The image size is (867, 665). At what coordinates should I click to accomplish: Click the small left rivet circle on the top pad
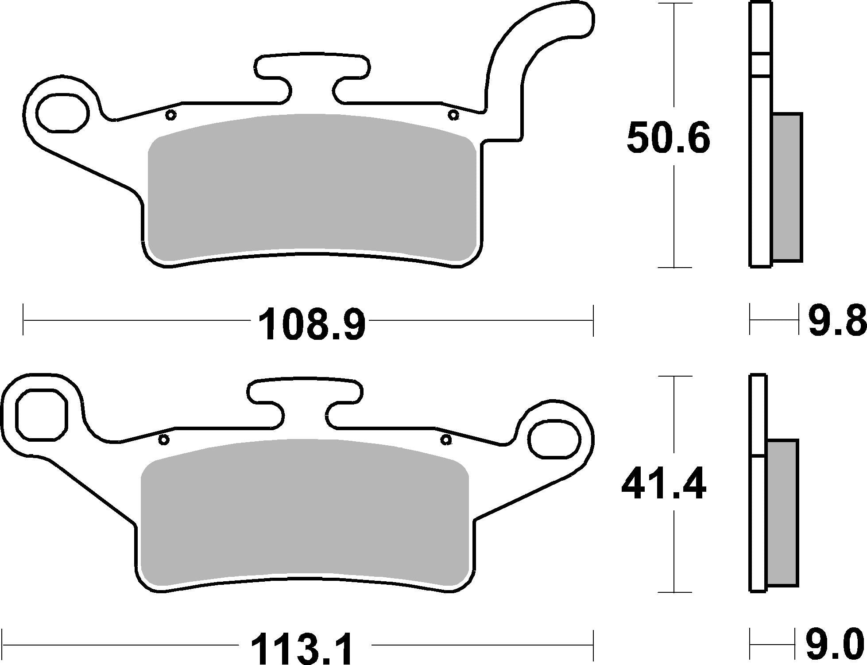point(170,115)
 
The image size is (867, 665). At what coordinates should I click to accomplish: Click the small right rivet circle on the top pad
point(452,115)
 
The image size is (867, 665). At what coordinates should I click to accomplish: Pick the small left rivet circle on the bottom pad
point(164,440)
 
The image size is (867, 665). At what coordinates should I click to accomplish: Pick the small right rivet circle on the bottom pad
point(446,440)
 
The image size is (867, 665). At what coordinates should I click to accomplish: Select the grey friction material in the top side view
point(787,187)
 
